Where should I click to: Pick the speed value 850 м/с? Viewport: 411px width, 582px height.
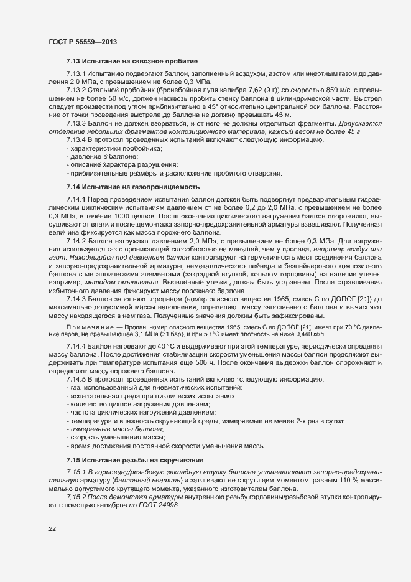[309, 90]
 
